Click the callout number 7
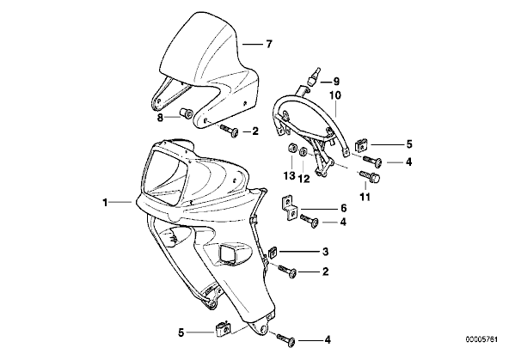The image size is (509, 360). click(268, 44)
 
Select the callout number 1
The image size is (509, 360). click(105, 203)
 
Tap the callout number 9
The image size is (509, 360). click(336, 82)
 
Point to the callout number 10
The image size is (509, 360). click(335, 95)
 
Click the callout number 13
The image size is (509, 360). click(289, 176)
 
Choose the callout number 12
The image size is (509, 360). click(304, 179)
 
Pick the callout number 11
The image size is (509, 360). click(365, 197)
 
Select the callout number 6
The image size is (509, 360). click(343, 208)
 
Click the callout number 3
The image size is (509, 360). click(325, 252)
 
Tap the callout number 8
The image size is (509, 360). click(160, 118)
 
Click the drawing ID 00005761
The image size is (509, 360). click(481, 340)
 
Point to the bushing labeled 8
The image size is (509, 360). click(187, 113)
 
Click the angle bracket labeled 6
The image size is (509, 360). click(289, 208)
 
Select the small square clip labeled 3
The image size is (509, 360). click(273, 252)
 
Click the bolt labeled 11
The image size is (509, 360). click(370, 177)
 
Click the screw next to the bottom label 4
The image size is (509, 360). click(286, 339)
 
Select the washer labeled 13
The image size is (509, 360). click(291, 149)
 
